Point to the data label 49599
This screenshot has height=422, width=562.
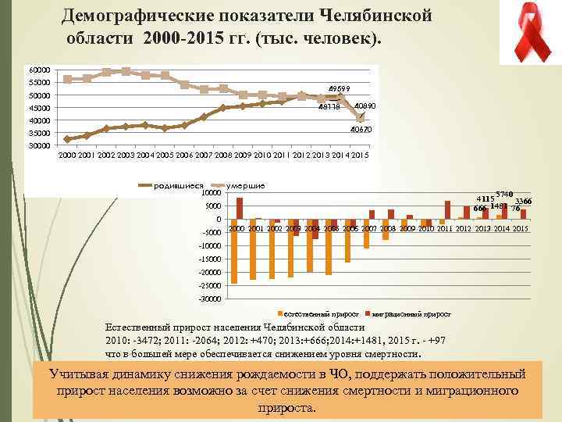[339, 88]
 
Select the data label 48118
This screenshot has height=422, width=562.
[329, 109]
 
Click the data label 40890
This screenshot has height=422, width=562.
[365, 105]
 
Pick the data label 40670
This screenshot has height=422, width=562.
[361, 130]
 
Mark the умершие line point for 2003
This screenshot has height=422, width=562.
[126, 71]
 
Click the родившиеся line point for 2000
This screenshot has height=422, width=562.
[68, 139]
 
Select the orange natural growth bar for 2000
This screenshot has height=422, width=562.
[234, 251]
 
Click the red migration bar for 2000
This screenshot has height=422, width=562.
[240, 208]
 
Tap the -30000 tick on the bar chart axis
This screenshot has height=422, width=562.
[210, 299]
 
